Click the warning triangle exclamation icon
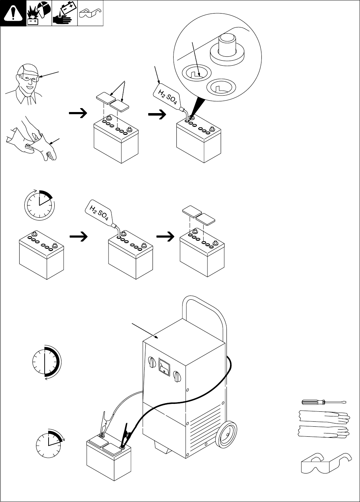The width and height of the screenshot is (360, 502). (13, 13)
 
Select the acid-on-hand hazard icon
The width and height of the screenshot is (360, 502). (65, 13)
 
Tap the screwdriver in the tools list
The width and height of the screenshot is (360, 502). (323, 402)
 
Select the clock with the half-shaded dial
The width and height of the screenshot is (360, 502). (45, 361)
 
